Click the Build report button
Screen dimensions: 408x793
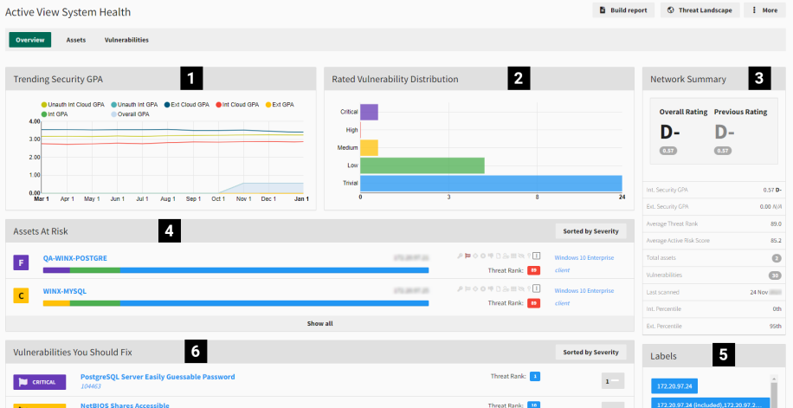click(622, 10)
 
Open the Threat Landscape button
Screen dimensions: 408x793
click(699, 10)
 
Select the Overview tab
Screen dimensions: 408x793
click(30, 40)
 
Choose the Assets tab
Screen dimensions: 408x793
click(76, 40)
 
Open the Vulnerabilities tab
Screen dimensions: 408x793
click(126, 40)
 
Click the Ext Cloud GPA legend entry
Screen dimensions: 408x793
click(186, 104)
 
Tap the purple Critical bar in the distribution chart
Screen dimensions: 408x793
click(369, 112)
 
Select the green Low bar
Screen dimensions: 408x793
click(422, 165)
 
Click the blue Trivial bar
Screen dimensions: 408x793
click(491, 184)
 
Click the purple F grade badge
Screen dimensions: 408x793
click(22, 262)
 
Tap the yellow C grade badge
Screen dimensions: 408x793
click(22, 296)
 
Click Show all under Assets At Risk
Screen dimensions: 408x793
click(319, 323)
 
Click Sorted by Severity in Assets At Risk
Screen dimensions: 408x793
click(590, 231)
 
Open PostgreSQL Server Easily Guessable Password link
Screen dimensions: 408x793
click(157, 377)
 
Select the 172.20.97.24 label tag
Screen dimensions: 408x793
click(680, 385)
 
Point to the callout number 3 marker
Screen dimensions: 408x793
click(759, 79)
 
